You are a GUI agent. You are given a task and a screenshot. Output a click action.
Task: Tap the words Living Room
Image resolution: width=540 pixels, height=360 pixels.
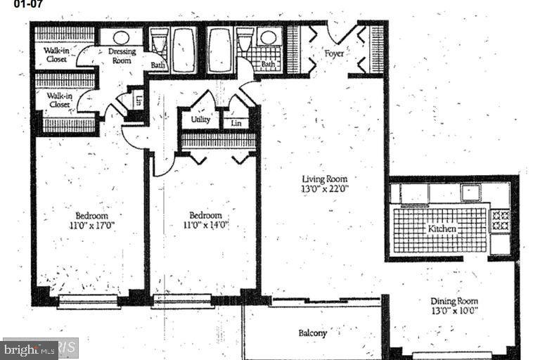click(325, 179)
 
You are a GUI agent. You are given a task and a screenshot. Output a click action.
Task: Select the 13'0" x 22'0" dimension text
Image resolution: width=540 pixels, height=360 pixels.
click(325, 188)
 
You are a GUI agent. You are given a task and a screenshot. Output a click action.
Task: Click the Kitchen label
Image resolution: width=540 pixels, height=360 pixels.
click(442, 229)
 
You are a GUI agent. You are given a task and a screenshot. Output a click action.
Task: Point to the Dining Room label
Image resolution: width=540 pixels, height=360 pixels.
click(454, 302)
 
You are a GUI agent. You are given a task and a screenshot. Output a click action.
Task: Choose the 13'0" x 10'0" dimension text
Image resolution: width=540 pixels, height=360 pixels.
click(454, 311)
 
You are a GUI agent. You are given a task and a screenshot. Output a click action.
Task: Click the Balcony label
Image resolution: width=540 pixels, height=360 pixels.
click(312, 333)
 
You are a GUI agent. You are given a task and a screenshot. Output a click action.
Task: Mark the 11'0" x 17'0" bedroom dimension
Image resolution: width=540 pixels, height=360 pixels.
click(91, 225)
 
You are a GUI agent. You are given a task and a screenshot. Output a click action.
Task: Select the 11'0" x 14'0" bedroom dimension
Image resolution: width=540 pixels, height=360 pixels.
click(205, 225)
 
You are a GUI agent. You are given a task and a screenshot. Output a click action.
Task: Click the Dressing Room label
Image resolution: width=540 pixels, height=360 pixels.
click(122, 56)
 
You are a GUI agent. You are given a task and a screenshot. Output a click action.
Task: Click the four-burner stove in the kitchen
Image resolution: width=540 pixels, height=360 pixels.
click(500, 220)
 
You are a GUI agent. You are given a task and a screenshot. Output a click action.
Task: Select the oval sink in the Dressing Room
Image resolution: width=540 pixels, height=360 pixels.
click(122, 37)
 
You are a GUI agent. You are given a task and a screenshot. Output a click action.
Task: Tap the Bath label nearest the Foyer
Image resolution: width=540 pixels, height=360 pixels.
click(269, 65)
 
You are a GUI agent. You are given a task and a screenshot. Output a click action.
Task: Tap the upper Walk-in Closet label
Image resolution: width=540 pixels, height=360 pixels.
click(56, 55)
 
